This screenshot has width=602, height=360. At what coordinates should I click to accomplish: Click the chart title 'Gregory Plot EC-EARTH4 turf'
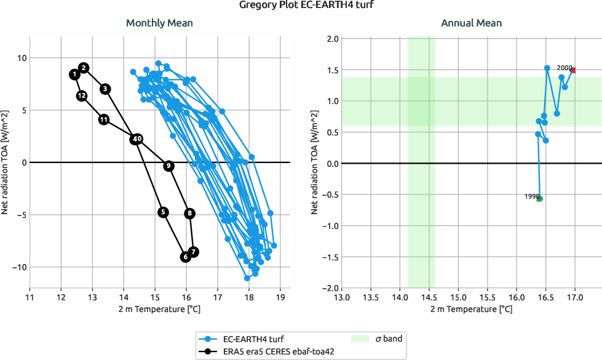point(301,6)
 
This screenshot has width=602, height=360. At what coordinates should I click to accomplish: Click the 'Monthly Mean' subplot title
point(159,23)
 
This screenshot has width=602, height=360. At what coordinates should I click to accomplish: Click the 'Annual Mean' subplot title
point(471,23)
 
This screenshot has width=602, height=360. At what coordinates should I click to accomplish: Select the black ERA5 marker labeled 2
point(84,68)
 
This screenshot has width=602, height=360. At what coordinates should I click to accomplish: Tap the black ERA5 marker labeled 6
point(186,257)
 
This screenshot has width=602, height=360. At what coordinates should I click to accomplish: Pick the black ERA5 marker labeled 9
point(168,166)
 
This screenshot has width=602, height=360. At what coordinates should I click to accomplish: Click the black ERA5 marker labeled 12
point(82,96)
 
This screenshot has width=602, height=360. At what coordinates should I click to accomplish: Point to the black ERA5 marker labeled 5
point(163,212)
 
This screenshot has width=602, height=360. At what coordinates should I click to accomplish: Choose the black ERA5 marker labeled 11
point(104,119)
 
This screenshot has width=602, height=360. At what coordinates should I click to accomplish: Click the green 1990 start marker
point(540,199)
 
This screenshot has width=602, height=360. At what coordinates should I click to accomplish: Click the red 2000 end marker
point(573,70)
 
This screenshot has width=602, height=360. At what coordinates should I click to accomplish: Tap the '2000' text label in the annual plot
point(564,68)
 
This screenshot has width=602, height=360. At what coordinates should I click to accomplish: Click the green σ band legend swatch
point(360,338)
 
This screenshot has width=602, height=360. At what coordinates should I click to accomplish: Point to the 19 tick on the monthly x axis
point(280,298)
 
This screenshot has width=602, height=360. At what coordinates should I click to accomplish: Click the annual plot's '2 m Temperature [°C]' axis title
point(471,309)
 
